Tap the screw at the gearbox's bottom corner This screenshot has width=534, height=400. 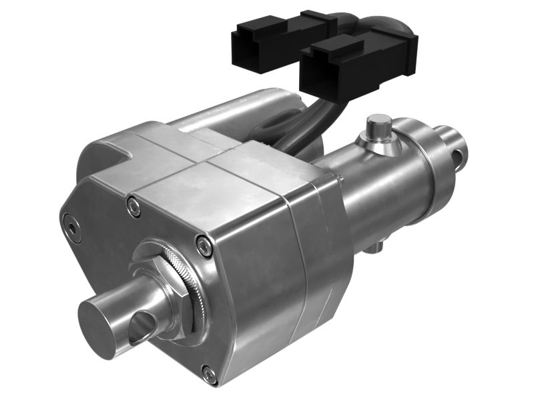pyautogui.click(x=210, y=374)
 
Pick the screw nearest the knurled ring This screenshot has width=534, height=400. pyautogui.click(x=204, y=247)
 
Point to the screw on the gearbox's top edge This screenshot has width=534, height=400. pyautogui.click(x=134, y=207)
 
